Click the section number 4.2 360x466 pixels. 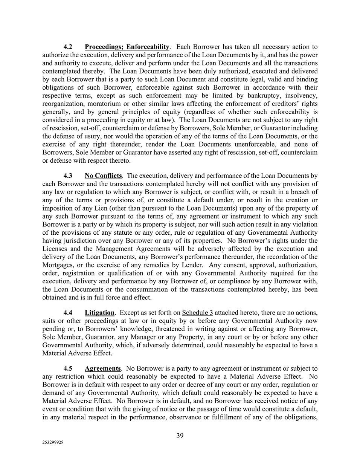pyautogui.click(x=68, y=47)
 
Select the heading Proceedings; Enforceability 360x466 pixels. pyautogui.click(x=127, y=47)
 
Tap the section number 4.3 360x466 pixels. pyautogui.click(x=68, y=176)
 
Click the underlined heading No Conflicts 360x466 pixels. pyautogui.click(x=103, y=176)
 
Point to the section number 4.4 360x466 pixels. pyautogui.click(x=68, y=313)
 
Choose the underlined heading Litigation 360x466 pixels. pyautogui.click(x=99, y=313)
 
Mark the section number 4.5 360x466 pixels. pyautogui.click(x=68, y=369)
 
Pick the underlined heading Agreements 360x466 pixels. pyautogui.click(x=103, y=369)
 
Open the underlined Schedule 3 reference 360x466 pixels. pyautogui.click(x=197, y=313)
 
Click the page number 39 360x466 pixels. pyautogui.click(x=180, y=436)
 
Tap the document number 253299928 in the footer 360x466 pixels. pyautogui.click(x=53, y=443)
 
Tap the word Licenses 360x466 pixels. pyautogui.click(x=55, y=249)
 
